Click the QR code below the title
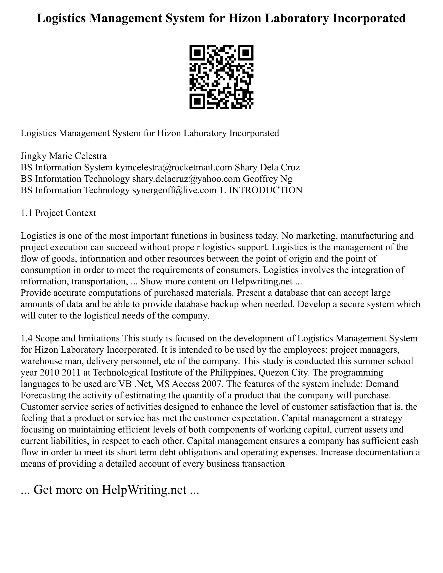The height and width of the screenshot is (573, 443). pos(221,77)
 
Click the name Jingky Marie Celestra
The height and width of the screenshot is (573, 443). pos(64,156)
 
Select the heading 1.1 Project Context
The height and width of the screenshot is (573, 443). pos(58,213)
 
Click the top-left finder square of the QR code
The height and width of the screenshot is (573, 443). pos(197,53)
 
